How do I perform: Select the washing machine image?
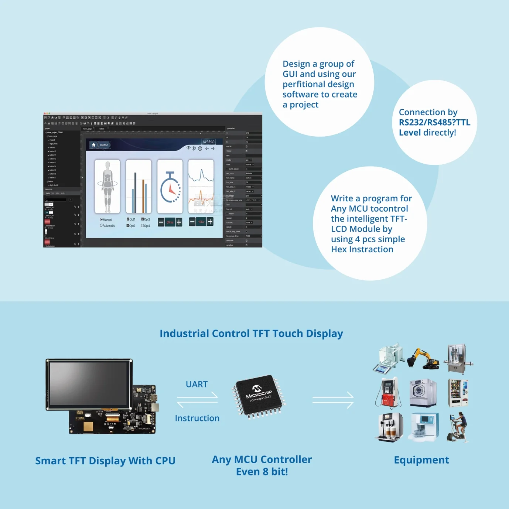[x=423, y=392]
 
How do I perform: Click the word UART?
[x=197, y=384]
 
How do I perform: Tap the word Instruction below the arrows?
[x=197, y=418]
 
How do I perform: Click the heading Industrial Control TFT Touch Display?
[x=251, y=333]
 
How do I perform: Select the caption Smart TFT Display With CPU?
[x=105, y=461]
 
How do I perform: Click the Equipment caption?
[x=421, y=460]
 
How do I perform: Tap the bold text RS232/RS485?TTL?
[x=434, y=122]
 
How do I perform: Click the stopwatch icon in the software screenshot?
[x=170, y=187]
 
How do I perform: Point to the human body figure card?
[x=107, y=187]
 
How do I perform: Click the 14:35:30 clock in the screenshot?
[x=208, y=142]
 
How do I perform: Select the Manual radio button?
[x=102, y=219]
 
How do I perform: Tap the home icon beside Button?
[x=94, y=145]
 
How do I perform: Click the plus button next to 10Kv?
[x=210, y=222]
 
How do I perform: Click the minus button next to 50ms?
[x=161, y=222]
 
